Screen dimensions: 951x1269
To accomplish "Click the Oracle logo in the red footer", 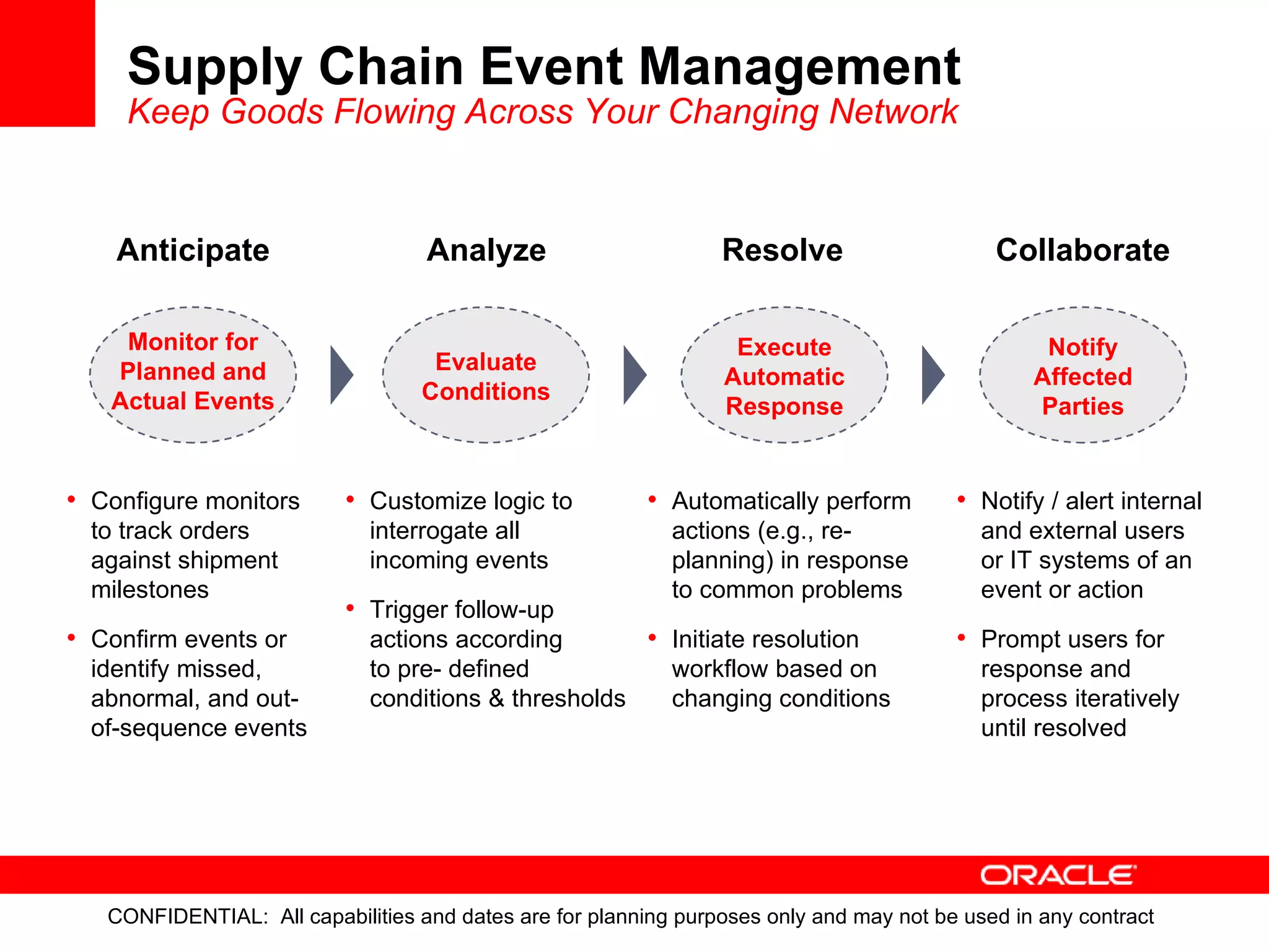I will click(1058, 875).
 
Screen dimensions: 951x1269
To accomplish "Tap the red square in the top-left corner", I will click(47, 63).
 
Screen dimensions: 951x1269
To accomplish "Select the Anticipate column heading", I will click(193, 250).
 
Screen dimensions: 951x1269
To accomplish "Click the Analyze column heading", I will click(486, 250).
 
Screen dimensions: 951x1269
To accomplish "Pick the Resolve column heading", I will click(782, 250).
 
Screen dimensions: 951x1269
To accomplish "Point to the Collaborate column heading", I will click(1082, 250).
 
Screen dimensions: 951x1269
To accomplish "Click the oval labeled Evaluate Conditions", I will click(486, 376).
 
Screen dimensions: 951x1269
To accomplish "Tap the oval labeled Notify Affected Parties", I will click(1082, 376).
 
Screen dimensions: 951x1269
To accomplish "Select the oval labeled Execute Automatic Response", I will click(784, 376).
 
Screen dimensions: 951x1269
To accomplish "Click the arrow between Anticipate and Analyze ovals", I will click(341, 375).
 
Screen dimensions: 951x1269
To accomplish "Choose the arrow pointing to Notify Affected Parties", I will click(932, 375).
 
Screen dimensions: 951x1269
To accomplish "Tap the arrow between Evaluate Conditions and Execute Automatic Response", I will click(634, 375).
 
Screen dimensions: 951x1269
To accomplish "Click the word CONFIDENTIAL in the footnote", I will click(187, 916).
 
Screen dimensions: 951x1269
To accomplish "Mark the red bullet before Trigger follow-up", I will click(350, 609).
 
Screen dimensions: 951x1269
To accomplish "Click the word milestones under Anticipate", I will click(150, 589).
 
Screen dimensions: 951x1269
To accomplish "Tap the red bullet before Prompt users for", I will click(961, 638).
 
